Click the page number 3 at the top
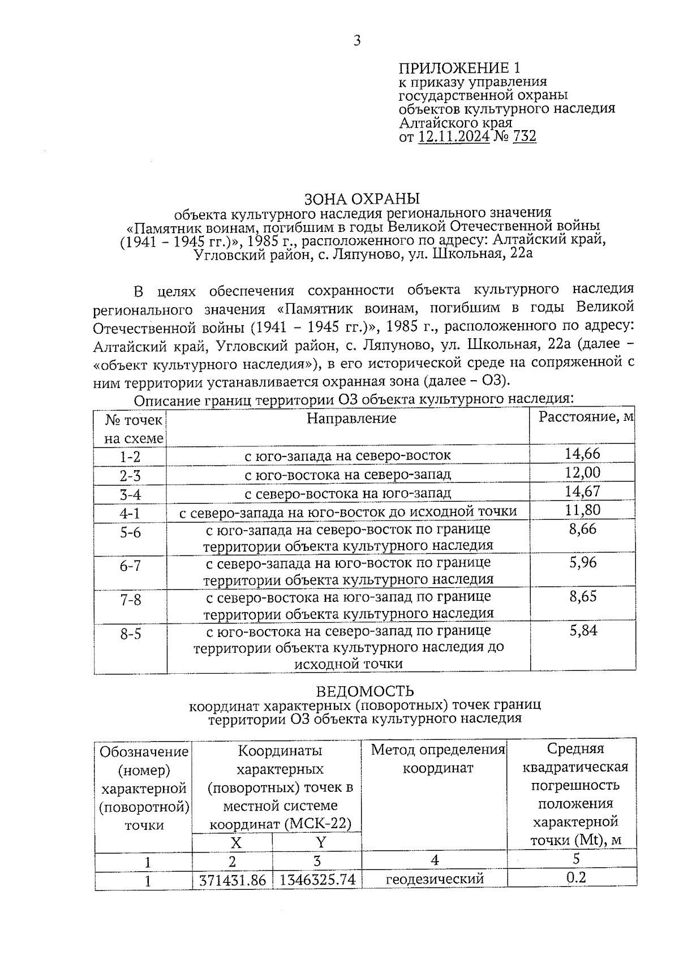click(x=356, y=41)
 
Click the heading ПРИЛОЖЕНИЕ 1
click(x=459, y=68)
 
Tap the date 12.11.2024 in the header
click(x=454, y=136)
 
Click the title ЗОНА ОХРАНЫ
click(x=362, y=199)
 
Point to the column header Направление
click(x=351, y=418)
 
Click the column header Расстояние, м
click(x=586, y=417)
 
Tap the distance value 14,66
click(x=582, y=453)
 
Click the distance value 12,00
click(x=582, y=472)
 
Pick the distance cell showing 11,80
click(x=582, y=510)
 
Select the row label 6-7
click(x=130, y=566)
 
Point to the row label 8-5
click(x=130, y=634)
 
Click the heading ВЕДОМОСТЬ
click(x=364, y=691)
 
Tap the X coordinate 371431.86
click(x=233, y=880)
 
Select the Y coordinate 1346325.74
click(x=317, y=880)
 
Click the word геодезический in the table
click(x=435, y=879)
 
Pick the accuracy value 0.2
click(x=576, y=877)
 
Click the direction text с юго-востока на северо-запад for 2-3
click(x=347, y=474)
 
